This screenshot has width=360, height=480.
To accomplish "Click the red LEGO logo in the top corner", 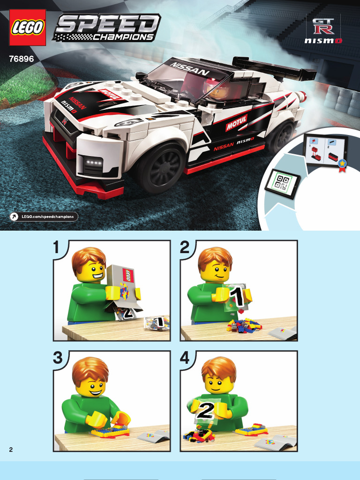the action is [x=28, y=28].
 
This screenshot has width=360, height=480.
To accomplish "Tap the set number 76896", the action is [x=22, y=59].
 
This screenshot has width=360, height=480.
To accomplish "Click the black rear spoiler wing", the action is [x=274, y=67].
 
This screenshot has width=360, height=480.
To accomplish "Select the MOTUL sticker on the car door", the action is [x=236, y=122].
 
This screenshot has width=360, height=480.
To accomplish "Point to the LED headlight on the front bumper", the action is [x=93, y=162].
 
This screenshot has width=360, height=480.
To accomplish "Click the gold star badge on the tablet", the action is [x=342, y=164].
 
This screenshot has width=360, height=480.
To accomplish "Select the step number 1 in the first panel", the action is [x=56, y=247].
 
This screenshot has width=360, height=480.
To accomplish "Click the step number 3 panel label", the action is [x=58, y=358].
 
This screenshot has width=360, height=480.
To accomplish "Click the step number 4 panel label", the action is [x=185, y=358].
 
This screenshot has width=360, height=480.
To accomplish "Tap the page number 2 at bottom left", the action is [x=11, y=450].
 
